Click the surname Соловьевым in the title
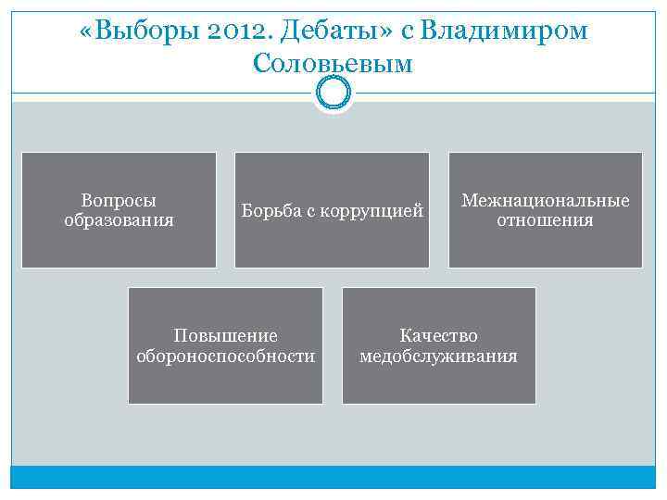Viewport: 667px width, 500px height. point(333,64)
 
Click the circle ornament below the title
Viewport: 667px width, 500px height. point(333,92)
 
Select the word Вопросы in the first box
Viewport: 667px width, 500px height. point(119,200)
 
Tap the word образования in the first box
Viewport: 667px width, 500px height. point(119,220)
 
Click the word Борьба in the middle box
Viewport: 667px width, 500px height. point(269,211)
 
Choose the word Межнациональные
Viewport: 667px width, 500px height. point(545,200)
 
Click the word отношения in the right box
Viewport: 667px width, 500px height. point(545,220)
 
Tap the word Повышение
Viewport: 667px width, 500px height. point(225,335)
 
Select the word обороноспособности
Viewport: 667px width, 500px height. point(225,356)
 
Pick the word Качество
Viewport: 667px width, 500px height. point(438,335)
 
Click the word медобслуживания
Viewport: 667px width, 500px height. point(438,356)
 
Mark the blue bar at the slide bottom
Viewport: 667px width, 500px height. point(333,477)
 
